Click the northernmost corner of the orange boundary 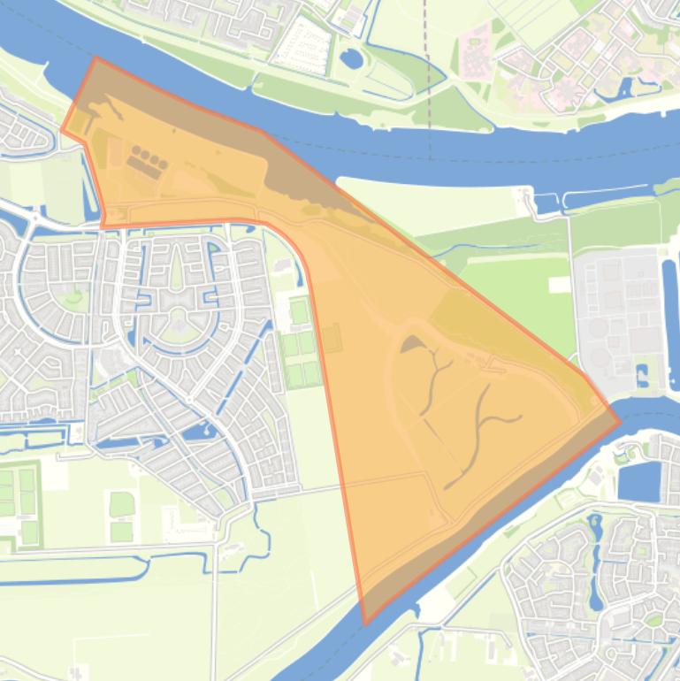click(96, 58)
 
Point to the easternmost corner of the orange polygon click(620, 421)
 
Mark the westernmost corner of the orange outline click(62, 131)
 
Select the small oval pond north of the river click(351, 59)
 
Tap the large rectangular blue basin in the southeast click(639, 481)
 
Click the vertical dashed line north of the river click(429, 80)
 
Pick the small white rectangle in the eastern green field click(559, 284)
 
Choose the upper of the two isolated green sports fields click(121, 504)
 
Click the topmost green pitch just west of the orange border click(300, 311)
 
